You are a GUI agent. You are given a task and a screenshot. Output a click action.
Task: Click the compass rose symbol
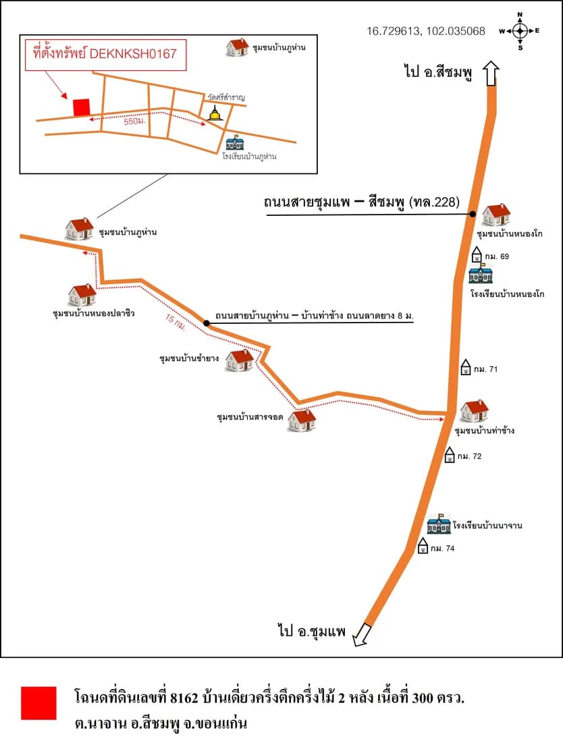[520, 31]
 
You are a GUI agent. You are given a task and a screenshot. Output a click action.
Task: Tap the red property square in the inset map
[81, 107]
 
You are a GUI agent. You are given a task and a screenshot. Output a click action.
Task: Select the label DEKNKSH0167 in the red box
[133, 53]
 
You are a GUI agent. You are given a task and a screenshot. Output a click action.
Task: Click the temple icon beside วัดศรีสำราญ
[215, 113]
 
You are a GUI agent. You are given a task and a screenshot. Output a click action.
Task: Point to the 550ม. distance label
[134, 121]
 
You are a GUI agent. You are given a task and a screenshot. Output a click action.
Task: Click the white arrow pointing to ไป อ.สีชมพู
[491, 73]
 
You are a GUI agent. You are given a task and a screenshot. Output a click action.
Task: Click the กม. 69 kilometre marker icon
[477, 254]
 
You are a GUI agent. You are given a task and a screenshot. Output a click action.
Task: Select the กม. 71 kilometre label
[485, 369]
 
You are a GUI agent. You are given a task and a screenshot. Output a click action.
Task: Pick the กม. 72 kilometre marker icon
[450, 455]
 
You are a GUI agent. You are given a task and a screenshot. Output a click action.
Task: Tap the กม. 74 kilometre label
[443, 549]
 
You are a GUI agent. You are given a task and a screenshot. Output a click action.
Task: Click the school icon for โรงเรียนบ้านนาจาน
[439, 524]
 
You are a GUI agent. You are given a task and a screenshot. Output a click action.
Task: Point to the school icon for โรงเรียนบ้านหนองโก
[481, 274]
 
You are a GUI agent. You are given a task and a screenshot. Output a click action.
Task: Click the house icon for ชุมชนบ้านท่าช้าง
[474, 412]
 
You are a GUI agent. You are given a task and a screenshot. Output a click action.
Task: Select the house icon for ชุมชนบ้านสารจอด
[302, 420]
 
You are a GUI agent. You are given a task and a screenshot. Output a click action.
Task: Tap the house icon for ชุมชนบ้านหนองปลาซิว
[82, 295]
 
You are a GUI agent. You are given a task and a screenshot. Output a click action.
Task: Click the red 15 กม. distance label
[176, 323]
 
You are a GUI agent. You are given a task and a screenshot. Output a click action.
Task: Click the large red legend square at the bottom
[38, 702]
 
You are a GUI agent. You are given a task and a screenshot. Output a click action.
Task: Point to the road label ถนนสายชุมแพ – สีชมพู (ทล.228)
[362, 202]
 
